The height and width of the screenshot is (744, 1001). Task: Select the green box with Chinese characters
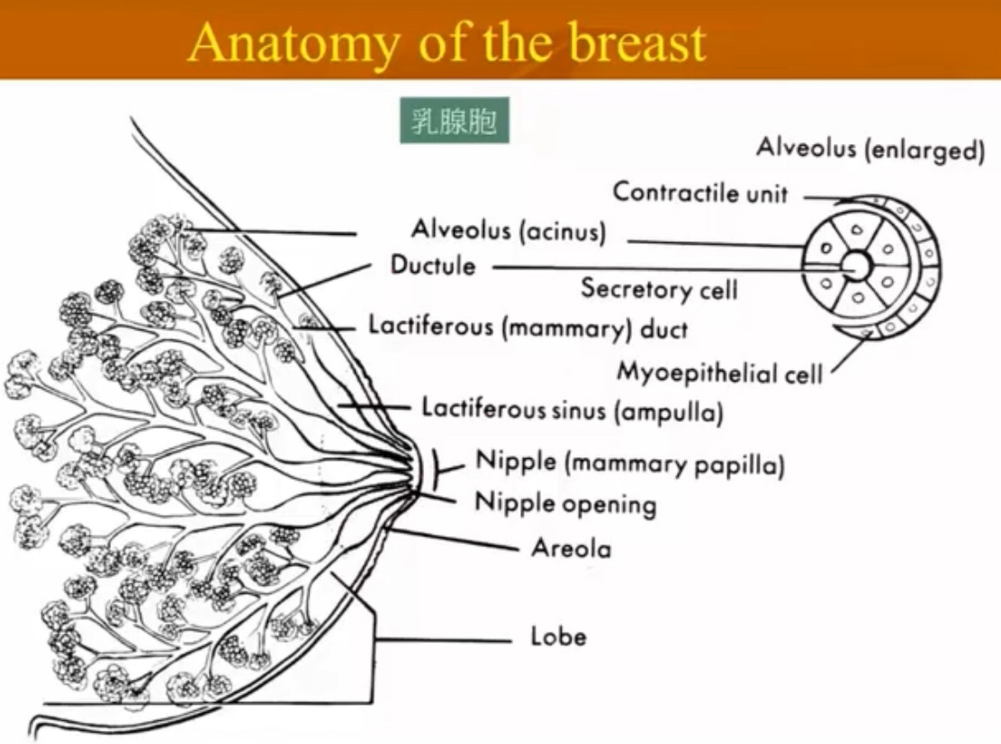[454, 120]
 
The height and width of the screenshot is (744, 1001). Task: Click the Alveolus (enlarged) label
[870, 148]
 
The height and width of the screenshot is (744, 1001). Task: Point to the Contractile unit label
[700, 193]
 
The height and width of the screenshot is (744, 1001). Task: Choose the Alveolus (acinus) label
[508, 229]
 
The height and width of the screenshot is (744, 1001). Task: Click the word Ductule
[433, 265]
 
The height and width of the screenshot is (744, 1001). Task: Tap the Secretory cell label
[659, 289]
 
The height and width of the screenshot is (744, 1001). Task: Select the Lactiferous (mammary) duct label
[528, 328]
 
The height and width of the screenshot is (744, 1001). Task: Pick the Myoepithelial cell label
[720, 372]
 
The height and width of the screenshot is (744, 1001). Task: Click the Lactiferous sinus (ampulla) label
[572, 409]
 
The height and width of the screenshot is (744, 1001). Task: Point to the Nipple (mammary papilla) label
[630, 463]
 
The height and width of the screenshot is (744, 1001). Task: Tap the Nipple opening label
[566, 503]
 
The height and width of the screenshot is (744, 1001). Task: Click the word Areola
[571, 548]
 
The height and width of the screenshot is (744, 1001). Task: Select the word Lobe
[558, 636]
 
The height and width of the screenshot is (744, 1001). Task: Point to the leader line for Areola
[458, 539]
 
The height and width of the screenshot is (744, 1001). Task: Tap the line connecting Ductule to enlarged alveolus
[645, 268]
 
